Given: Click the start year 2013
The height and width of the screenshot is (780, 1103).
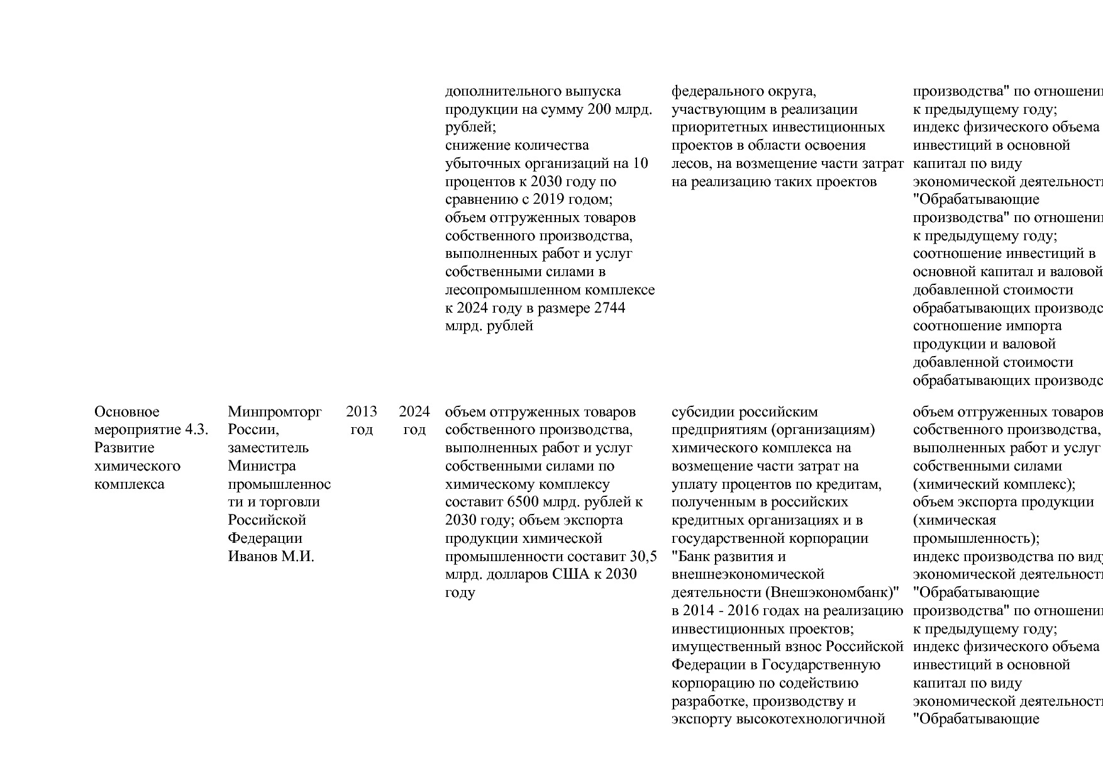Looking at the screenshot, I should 362,412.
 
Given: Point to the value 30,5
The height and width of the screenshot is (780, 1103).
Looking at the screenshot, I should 643,557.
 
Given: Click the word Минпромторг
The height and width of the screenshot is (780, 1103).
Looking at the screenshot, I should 275,412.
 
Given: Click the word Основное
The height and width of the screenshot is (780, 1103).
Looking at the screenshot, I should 127,412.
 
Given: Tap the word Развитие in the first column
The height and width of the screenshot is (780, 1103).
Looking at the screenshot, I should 125,448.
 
